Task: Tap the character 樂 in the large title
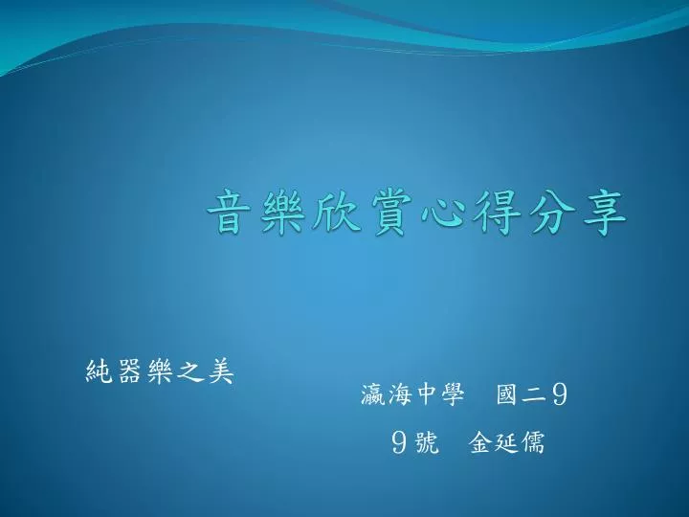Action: (x=280, y=213)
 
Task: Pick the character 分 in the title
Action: (x=551, y=213)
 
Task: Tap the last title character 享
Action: (x=605, y=213)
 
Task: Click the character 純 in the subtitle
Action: (x=99, y=371)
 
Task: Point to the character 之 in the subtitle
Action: (x=189, y=372)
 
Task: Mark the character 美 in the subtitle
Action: (x=221, y=371)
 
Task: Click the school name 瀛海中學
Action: (x=412, y=393)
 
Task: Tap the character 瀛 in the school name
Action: (x=373, y=393)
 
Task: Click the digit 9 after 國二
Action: (x=560, y=394)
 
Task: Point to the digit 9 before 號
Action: (x=398, y=442)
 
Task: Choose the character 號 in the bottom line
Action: (x=426, y=441)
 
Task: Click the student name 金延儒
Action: (x=507, y=441)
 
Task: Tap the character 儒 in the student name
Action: (x=533, y=441)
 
